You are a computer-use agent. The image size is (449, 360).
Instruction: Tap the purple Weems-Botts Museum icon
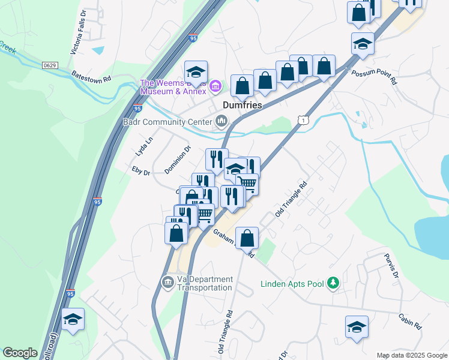[217, 88]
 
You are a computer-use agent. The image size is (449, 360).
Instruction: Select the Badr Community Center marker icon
[221, 122]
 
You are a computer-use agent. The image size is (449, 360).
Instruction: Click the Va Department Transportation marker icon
[168, 281]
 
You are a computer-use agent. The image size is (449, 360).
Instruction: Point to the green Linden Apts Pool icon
[334, 283]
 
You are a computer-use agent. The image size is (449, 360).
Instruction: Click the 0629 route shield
[50, 64]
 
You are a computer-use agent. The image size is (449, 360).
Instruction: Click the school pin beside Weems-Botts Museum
[196, 73]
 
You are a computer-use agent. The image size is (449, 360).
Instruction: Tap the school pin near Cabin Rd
[357, 327]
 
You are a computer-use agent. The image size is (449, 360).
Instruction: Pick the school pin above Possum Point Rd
[363, 44]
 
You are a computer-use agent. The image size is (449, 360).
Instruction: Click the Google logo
[20, 353]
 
